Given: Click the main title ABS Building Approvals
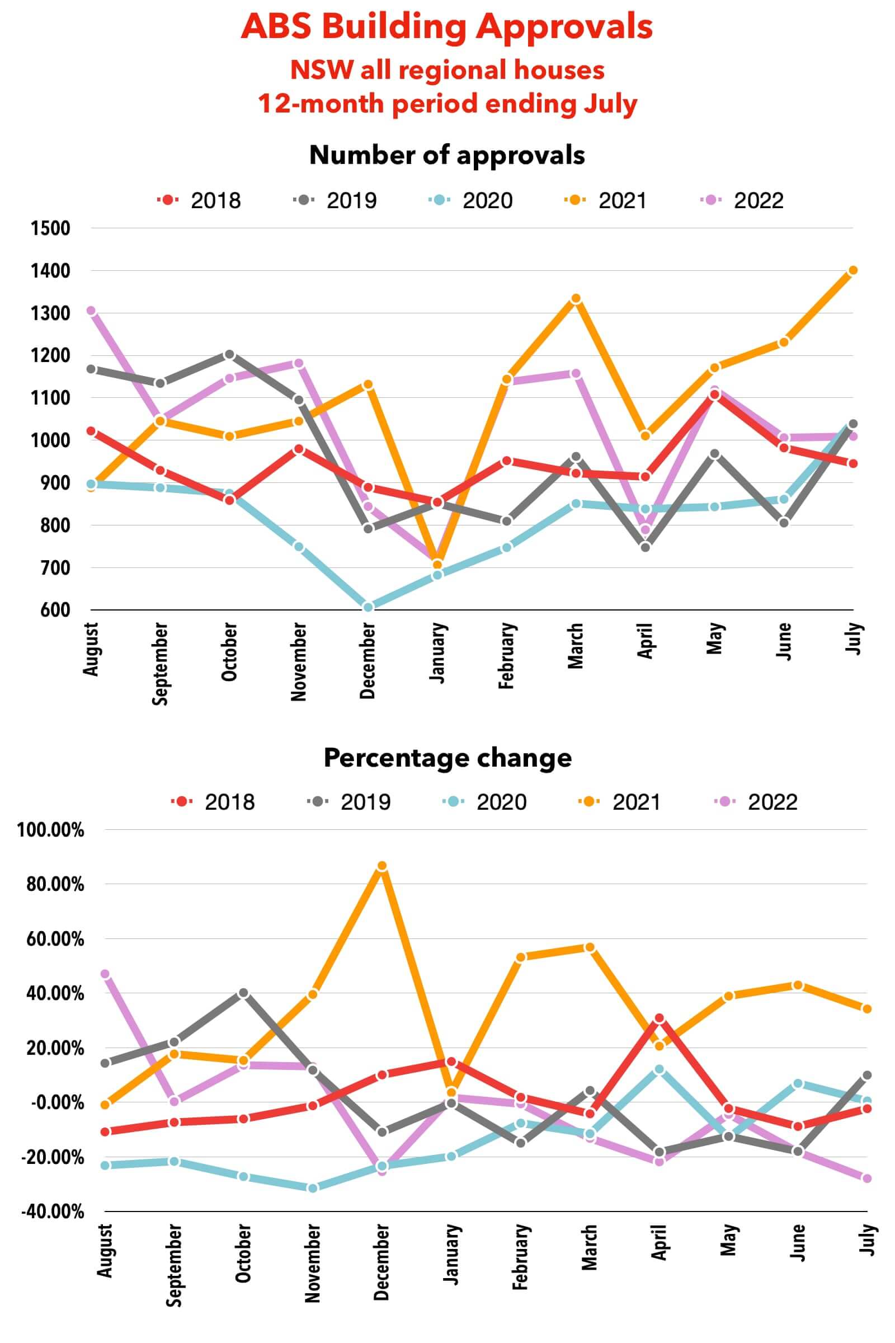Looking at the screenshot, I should coord(447,27).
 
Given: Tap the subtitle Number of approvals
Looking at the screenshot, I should coord(447,155).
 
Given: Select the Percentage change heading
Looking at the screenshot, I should coord(447,758).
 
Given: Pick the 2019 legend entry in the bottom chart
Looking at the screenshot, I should coord(348,802).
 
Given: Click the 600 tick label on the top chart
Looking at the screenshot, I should coord(55,610).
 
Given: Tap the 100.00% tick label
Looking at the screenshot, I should coord(51,830).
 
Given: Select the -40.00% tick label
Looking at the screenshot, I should coord(53,1211).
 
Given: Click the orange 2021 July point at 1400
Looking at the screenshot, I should coord(852,271).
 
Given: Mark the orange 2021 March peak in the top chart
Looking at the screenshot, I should coord(576,299).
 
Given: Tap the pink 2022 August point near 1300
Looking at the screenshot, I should coord(91,311).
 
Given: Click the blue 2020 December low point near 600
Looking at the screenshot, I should coord(368,608).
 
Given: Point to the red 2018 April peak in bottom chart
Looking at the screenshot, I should coord(660,1018).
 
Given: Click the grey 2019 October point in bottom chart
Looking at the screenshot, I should coord(244,993).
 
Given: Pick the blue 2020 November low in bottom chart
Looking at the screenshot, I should coord(313,1187).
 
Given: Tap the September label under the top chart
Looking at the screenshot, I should coord(161,664).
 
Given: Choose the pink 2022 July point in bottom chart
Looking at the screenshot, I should coord(866,1178).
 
